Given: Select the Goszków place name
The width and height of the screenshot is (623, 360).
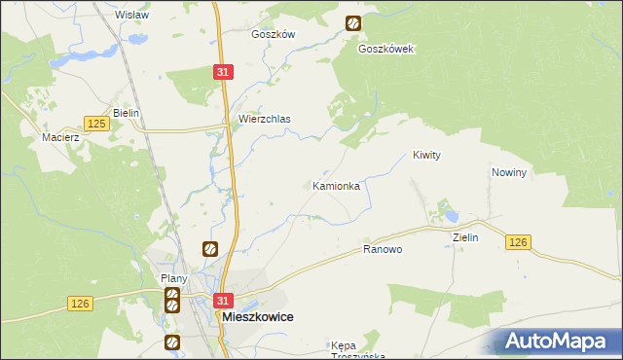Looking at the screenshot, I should click(x=273, y=33).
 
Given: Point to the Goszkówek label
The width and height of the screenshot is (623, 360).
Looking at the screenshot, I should click(x=386, y=49).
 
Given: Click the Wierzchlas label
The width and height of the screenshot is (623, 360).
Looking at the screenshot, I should click(x=265, y=120).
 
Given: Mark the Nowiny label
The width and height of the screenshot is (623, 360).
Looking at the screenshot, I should click(x=509, y=172).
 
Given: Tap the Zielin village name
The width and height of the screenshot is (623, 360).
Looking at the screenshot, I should click(x=465, y=236).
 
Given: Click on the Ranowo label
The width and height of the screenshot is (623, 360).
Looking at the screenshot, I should click(x=383, y=250).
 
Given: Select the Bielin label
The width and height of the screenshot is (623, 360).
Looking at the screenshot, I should click(x=127, y=113).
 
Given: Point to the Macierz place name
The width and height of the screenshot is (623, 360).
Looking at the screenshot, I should click(x=59, y=137).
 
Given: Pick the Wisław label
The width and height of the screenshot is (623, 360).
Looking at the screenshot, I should click(x=131, y=15).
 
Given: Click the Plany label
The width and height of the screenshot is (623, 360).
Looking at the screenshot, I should click(x=173, y=278).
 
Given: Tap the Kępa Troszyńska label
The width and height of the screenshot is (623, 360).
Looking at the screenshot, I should click(x=358, y=350).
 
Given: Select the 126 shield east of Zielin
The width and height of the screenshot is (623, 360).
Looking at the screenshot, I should click(x=518, y=242).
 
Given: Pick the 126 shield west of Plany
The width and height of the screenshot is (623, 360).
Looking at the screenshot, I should click(x=81, y=305).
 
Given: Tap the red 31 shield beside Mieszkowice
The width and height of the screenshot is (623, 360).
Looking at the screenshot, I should click(x=224, y=302).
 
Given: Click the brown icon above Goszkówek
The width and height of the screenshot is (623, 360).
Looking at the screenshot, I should click(x=353, y=23).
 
